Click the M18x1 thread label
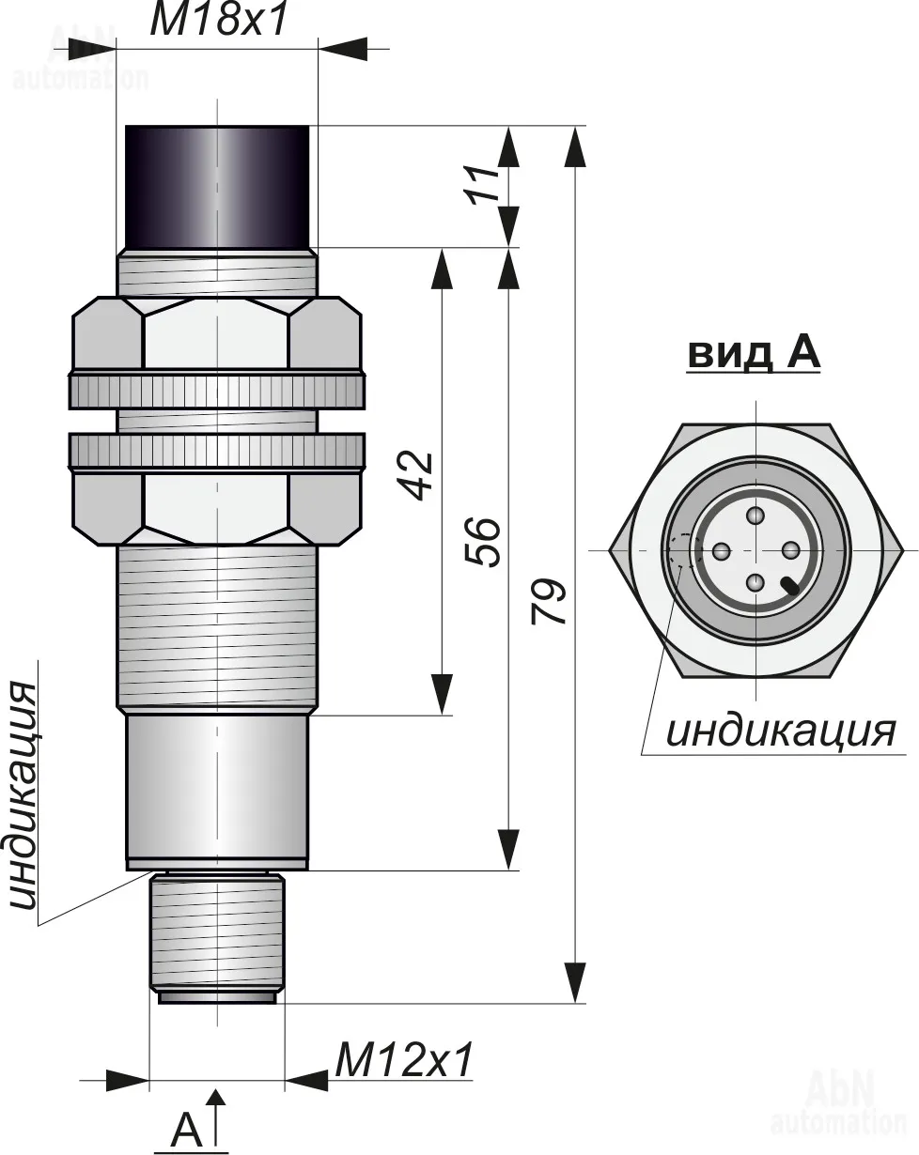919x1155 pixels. (x=217, y=21)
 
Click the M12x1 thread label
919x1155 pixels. (x=403, y=1061)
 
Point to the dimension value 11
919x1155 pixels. (x=483, y=184)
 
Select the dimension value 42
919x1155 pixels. (x=417, y=476)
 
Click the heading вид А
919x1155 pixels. (x=754, y=353)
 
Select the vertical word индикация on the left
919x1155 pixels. (x=23, y=796)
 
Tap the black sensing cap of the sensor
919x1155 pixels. (x=217, y=185)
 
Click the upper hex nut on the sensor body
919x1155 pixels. (x=216, y=334)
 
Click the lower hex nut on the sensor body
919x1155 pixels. (x=216, y=507)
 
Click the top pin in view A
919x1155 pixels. (x=756, y=515)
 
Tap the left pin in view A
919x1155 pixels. (x=721, y=550)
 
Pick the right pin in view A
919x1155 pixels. (x=791, y=550)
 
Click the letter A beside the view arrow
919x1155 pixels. (x=186, y=1130)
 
